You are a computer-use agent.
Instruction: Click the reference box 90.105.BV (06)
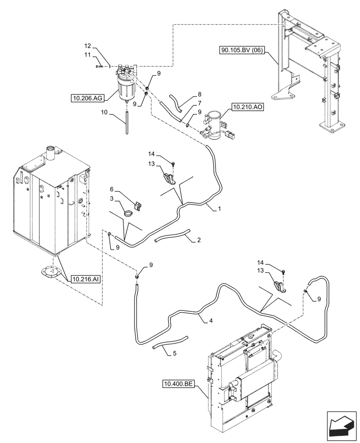pos(242,51)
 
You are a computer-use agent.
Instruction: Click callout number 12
pos(88,46)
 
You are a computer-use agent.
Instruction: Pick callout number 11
pos(88,54)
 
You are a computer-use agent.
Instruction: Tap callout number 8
pos(200,94)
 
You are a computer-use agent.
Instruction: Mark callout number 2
pos(199,241)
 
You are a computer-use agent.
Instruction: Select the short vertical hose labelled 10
pos(127,121)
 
